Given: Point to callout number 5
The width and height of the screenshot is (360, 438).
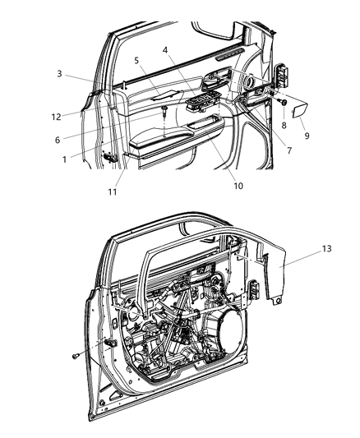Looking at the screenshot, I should (137, 60).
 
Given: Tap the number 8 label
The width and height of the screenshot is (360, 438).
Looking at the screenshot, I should (285, 126).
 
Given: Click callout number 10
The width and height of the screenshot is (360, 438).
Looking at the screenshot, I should (215, 186).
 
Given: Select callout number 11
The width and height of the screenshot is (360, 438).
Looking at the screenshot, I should (113, 192).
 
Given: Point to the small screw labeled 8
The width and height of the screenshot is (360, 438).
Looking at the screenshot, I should (282, 103).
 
